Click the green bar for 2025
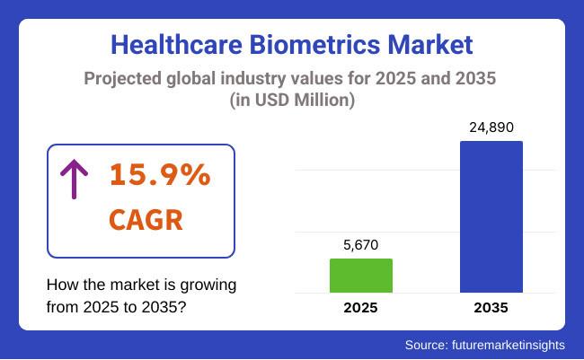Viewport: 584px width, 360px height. (361, 276)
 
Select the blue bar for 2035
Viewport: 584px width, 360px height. (491, 216)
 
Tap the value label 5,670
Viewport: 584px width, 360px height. (361, 245)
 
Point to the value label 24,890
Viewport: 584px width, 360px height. (491, 127)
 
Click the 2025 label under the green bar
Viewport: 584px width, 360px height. (361, 308)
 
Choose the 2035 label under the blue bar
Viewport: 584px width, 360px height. (491, 308)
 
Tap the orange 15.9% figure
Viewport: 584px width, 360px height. (160, 177)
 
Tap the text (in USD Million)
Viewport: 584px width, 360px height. (291, 101)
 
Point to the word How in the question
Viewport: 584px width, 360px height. (61, 285)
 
